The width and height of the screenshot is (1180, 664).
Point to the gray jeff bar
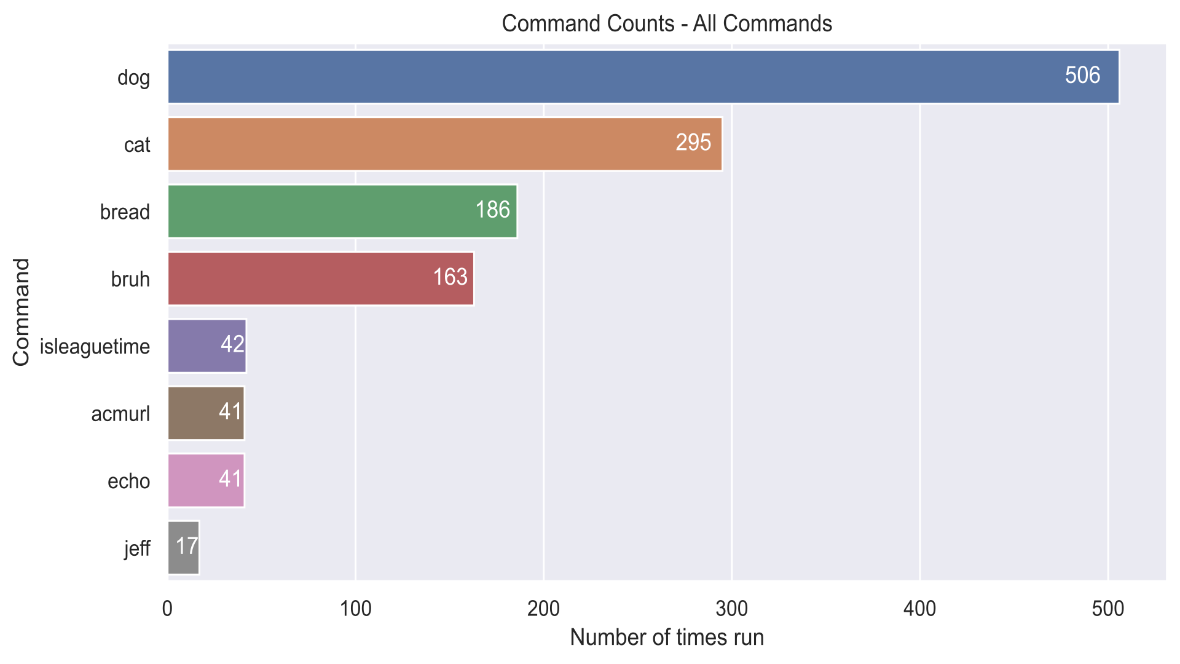(183, 547)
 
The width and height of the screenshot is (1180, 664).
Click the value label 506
(1082, 76)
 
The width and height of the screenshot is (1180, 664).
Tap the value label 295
(693, 143)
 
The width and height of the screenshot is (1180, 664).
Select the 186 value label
(492, 210)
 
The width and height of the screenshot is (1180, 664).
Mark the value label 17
(187, 546)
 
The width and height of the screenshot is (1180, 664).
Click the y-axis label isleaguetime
(95, 347)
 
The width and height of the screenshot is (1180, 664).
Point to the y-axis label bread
(125, 212)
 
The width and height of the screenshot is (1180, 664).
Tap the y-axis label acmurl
(120, 414)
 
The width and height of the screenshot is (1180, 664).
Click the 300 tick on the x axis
(732, 609)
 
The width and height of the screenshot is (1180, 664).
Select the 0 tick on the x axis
(167, 609)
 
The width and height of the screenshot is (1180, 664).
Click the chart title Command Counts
(667, 23)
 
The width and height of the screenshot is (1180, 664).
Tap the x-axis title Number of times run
(667, 638)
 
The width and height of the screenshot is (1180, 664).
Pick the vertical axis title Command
(21, 312)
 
